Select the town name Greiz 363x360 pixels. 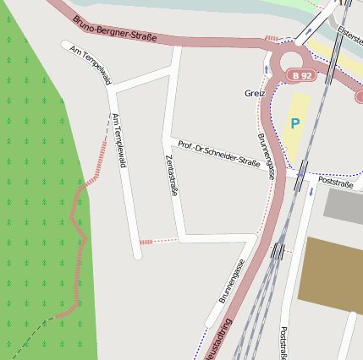[x=255, y=93]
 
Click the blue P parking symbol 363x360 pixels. [x=294, y=123]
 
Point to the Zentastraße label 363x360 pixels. [x=172, y=176]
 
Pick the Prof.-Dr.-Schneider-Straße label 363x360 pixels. [x=218, y=151]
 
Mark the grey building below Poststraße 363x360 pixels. [x=343, y=206]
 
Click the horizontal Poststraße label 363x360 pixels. [x=336, y=182]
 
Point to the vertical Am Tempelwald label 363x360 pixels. [x=118, y=140]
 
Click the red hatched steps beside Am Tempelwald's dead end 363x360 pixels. [x=146, y=243]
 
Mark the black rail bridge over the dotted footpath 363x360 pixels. [x=278, y=250]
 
